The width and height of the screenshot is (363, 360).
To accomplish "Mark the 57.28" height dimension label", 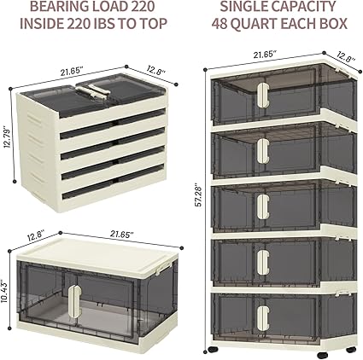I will [x=199, y=202].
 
